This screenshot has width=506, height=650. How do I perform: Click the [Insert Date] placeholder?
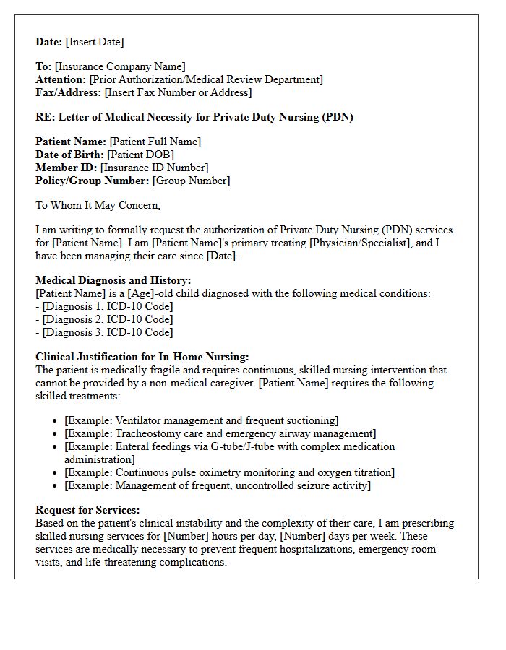[x=95, y=42]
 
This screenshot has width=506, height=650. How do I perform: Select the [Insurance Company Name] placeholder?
[x=121, y=67]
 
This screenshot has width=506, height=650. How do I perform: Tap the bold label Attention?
[x=61, y=79]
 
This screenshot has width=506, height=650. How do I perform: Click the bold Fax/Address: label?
[x=69, y=92]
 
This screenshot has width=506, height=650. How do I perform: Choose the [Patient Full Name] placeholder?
[x=155, y=142]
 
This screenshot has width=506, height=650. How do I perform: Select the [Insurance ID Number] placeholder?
[x=154, y=168]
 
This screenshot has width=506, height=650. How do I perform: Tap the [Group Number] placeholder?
[x=191, y=181]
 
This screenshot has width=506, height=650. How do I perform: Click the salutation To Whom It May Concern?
[x=98, y=205]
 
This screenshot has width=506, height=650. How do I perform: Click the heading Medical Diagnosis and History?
[x=113, y=280]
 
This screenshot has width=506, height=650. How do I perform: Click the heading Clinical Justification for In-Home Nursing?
[x=142, y=357]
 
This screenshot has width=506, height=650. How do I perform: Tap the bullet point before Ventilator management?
[x=56, y=421]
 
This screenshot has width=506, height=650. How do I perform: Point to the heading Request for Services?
[x=87, y=510]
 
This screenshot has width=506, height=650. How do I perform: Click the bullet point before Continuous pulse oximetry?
[x=56, y=473]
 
